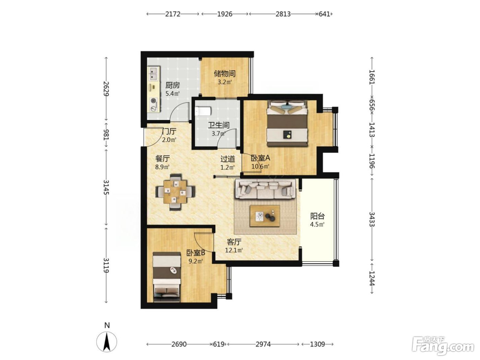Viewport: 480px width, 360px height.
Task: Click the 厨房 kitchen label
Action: [172, 85]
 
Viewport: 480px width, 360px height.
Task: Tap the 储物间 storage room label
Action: [225, 74]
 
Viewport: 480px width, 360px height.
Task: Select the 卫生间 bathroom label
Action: [218, 125]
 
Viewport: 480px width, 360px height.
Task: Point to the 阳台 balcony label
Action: [317, 216]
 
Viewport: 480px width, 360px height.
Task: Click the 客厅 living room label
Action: [234, 242]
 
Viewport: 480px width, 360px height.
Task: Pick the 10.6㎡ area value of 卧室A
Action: [260, 166]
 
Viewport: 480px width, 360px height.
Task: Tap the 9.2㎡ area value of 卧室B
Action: [196, 261]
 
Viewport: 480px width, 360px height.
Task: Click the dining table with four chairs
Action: [176, 192]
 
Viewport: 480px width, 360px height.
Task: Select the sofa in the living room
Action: [265, 189]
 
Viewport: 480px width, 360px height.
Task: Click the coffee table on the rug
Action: [265, 216]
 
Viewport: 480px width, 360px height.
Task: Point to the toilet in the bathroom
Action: [203, 111]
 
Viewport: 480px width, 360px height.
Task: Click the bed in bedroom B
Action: [167, 277]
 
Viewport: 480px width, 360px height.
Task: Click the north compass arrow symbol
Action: [107, 341]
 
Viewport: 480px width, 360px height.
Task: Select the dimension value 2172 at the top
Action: [173, 14]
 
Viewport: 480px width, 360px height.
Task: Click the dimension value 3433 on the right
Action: [372, 219]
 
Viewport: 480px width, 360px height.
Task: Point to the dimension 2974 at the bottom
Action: [263, 345]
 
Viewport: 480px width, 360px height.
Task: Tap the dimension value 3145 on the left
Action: [106, 187]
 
